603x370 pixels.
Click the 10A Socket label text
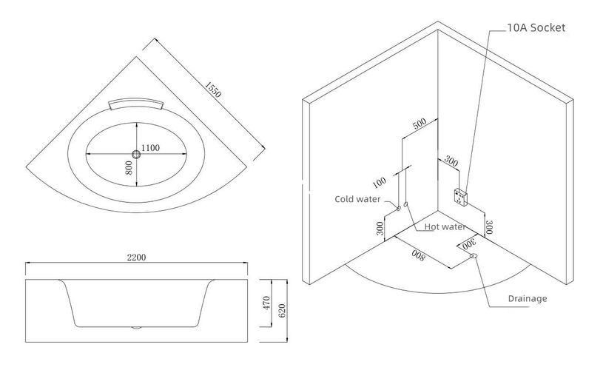coord(536,27)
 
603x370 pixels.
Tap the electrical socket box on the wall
coord(461,198)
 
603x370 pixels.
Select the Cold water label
coord(357,199)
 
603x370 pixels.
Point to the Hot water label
coord(445,226)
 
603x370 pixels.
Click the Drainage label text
coord(528,298)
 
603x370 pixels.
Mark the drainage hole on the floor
coord(474,255)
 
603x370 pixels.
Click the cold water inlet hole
coord(398,208)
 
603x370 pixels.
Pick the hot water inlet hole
coord(406,203)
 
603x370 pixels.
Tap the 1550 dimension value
coord(212,90)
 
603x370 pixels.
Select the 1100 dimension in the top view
coord(150,148)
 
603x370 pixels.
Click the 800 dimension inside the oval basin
coord(129,168)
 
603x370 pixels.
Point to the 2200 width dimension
coord(137,258)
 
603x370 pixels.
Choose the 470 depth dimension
coord(268,303)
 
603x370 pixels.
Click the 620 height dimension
coord(282,310)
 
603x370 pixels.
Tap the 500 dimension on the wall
coord(420,123)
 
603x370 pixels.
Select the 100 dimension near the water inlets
coord(380,182)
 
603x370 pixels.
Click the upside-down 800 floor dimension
coord(418,255)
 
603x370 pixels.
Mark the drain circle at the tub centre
coord(136,154)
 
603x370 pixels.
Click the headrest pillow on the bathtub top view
coord(135,103)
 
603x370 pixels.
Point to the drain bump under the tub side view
coord(137,328)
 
